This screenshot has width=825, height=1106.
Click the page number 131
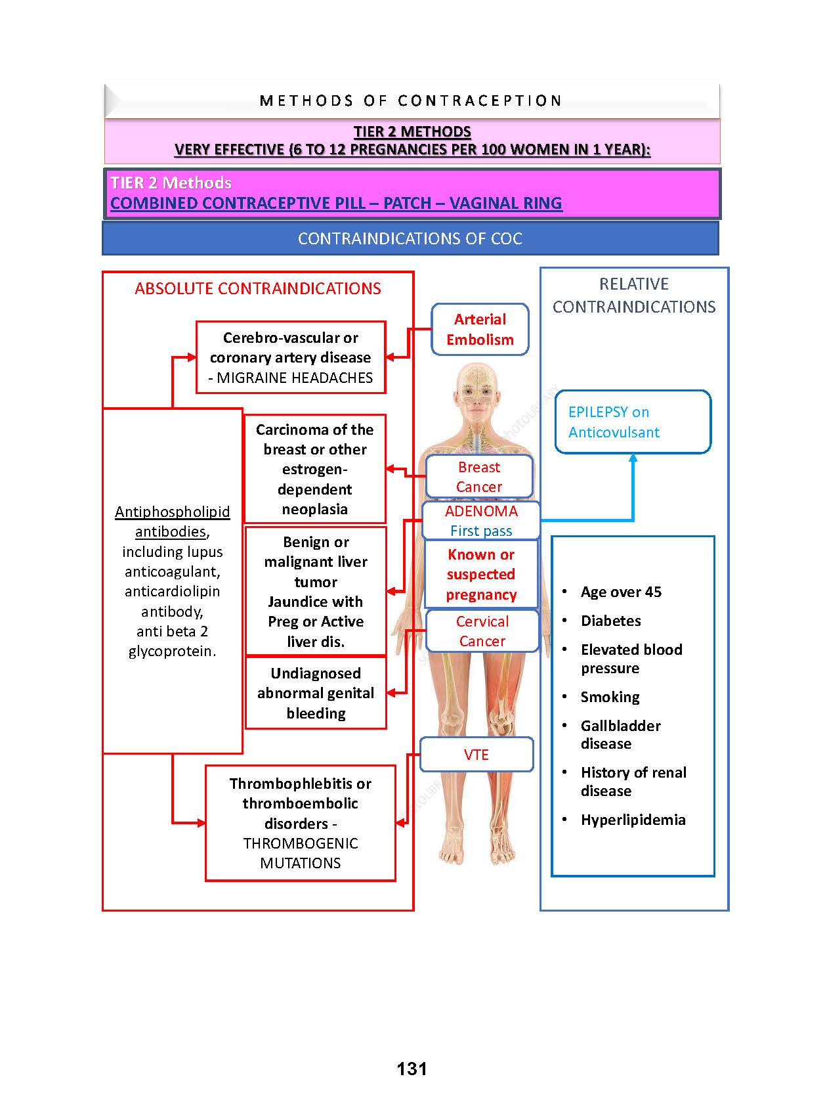[x=412, y=1069]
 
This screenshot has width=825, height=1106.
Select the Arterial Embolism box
[x=480, y=330]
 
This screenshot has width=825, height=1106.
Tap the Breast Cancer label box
[x=479, y=477]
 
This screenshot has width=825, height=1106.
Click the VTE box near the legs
[x=476, y=755]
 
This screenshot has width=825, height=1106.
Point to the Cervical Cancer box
[x=482, y=631]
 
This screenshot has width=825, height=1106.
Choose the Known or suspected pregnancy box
[x=481, y=575]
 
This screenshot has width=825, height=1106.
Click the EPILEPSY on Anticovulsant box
[x=633, y=422]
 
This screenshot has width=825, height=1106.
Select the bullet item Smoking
[x=610, y=697]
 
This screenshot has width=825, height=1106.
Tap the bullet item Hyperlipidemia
[x=633, y=820]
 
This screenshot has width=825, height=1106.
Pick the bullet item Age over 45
[x=621, y=592]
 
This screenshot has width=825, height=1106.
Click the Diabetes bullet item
[x=610, y=621]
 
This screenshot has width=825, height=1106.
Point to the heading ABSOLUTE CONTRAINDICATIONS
[x=258, y=289]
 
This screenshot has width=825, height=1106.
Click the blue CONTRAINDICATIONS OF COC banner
[x=410, y=238]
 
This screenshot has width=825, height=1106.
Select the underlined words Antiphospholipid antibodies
[x=172, y=521]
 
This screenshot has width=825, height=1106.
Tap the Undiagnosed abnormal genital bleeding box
[x=316, y=694]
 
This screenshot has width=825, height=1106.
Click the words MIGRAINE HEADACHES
[x=295, y=378]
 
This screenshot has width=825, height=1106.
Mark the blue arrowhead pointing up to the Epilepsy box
[x=633, y=457]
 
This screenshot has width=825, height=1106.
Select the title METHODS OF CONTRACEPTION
[x=411, y=100]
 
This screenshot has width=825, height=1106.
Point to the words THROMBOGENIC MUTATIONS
[x=301, y=854]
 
